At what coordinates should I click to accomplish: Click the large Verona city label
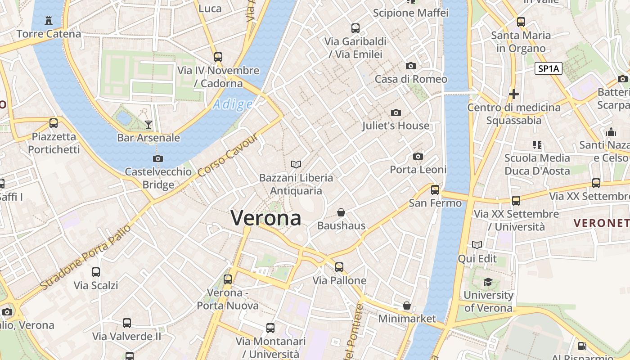(x=266, y=218)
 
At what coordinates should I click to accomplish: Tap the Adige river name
(x=233, y=104)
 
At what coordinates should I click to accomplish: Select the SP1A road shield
(x=549, y=68)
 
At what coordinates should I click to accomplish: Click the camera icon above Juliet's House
(x=396, y=112)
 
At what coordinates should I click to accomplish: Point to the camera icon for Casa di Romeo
(x=410, y=66)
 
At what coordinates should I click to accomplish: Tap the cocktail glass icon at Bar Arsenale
(x=148, y=125)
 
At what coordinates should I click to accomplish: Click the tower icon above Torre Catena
(x=49, y=20)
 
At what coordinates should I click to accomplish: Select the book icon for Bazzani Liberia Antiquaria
(x=296, y=165)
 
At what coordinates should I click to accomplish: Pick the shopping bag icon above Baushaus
(x=341, y=212)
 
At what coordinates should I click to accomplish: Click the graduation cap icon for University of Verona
(x=488, y=282)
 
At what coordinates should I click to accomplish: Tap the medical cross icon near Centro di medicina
(x=513, y=94)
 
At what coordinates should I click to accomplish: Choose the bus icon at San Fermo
(x=435, y=190)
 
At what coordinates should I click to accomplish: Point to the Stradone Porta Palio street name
(x=85, y=257)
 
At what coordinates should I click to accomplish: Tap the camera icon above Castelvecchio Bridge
(x=158, y=158)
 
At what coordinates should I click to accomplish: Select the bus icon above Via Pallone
(x=339, y=267)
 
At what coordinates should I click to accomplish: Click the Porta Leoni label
(x=418, y=170)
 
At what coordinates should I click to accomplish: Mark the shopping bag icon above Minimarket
(x=407, y=306)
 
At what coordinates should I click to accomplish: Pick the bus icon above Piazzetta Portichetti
(x=54, y=123)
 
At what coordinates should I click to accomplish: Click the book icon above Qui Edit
(x=477, y=245)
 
